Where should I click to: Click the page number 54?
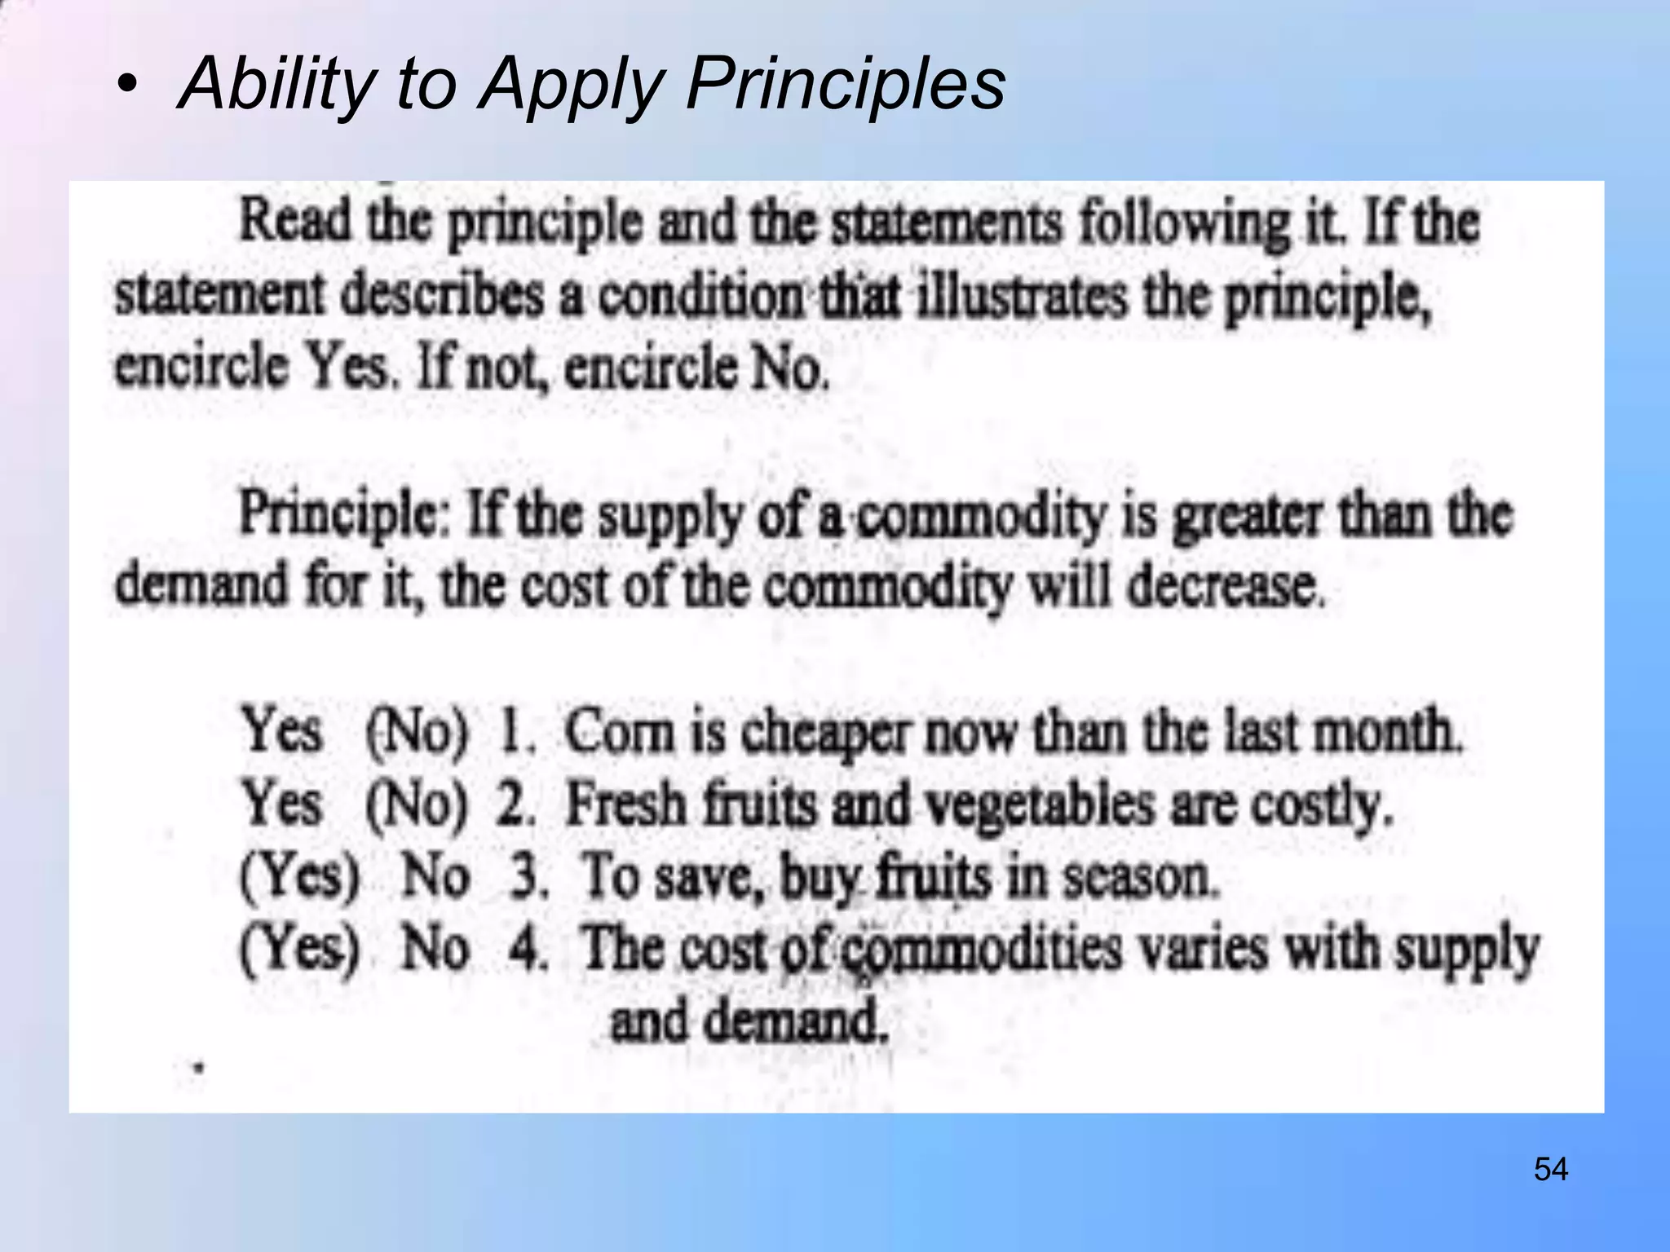pyautogui.click(x=1550, y=1170)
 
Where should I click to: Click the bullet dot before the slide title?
pyautogui.click(x=126, y=84)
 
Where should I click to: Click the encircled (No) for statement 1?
pyautogui.click(x=417, y=731)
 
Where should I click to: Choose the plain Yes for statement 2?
pyautogui.click(x=281, y=803)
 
